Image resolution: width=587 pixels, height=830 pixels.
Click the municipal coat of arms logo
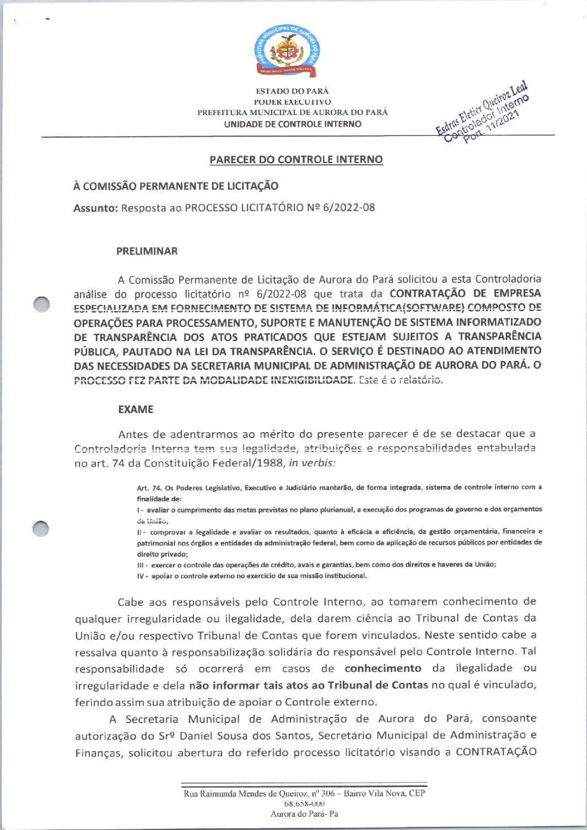287,51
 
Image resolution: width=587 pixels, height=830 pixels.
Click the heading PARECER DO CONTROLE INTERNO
296,160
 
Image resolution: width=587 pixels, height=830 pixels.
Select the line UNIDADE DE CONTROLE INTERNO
293,124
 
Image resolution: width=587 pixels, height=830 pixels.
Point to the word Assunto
95,208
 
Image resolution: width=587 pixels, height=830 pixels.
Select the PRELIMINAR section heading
147,251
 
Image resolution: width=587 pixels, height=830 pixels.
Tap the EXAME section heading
136,409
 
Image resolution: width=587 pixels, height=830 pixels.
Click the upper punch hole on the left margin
41,304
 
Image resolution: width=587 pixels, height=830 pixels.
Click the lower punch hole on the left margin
40,529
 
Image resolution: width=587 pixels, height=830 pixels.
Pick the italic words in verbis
311,463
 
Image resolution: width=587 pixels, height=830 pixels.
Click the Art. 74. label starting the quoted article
149,487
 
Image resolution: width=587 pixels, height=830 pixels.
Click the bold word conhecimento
383,669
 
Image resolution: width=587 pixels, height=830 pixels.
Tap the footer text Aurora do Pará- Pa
304,813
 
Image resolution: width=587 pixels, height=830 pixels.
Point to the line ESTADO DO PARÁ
292,91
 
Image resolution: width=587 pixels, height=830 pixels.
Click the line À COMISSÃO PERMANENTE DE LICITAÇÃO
176,186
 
